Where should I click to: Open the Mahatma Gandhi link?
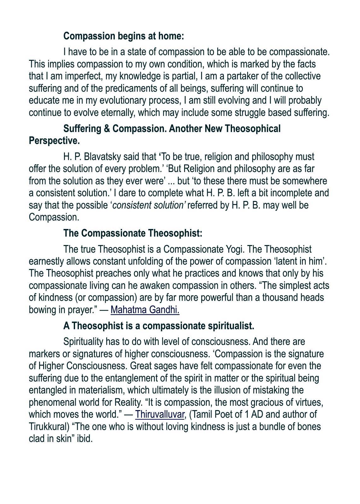[145, 310]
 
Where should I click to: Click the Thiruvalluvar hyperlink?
[160, 415]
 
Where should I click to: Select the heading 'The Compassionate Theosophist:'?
[133, 233]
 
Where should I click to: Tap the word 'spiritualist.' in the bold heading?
[231, 326]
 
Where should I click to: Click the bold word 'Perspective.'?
[54, 141]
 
